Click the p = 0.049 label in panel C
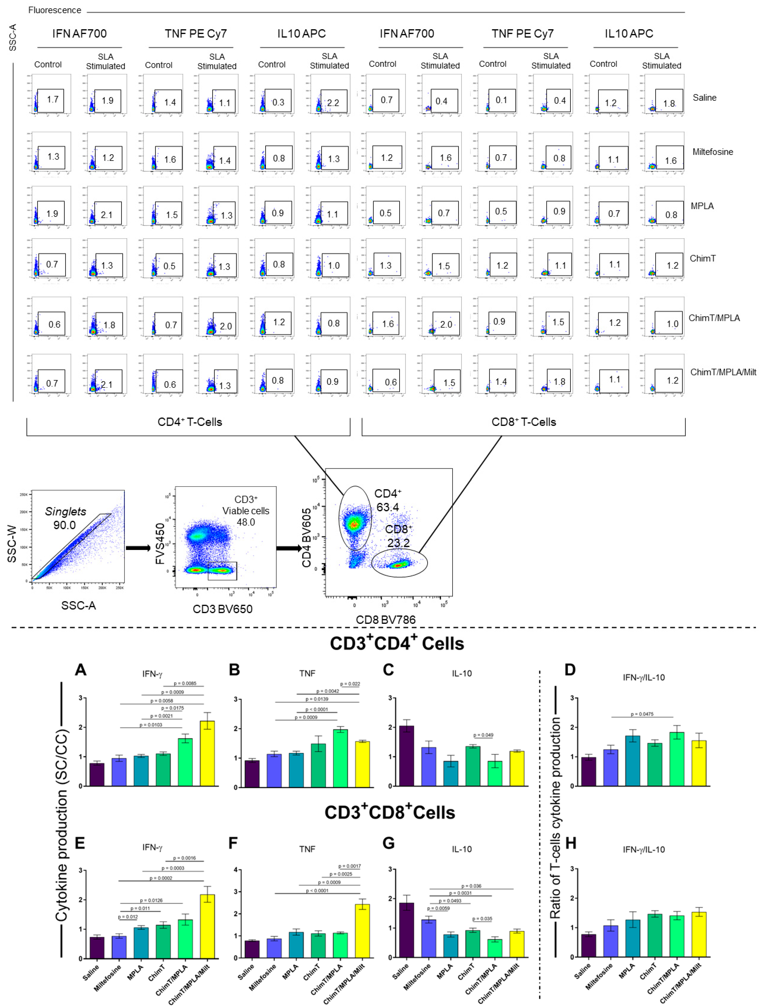tap(483, 735)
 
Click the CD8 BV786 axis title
tap(385, 620)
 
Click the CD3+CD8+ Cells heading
tap(390, 812)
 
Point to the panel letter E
tap(80, 843)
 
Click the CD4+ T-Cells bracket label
tap(190, 422)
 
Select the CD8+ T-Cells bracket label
tap(524, 422)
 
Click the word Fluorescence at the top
tap(55, 10)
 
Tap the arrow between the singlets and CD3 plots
tap(138, 548)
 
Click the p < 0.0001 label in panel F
tap(317, 891)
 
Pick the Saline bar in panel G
tap(407, 930)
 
